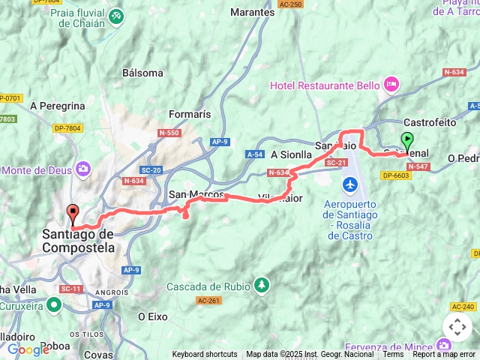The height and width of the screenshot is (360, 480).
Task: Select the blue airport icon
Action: pos(349,184)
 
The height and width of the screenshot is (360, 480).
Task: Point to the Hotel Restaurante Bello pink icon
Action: pos(390,85)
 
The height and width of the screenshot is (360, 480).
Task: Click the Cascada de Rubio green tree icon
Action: pos(261,285)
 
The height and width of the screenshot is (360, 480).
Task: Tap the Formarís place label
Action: pos(190,114)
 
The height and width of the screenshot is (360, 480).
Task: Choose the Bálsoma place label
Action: pos(142,73)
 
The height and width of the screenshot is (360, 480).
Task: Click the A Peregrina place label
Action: pos(58,106)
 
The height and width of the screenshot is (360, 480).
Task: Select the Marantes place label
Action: pos(252,13)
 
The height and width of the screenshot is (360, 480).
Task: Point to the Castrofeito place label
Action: pos(430,121)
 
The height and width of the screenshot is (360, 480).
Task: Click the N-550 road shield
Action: pos(169,133)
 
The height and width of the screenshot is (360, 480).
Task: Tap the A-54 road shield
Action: pos(254,154)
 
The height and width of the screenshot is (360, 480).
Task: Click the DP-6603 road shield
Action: pos(397,175)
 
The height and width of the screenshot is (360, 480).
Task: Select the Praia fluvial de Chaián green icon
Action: pos(115,15)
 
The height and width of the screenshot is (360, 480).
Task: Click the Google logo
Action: pos(28,349)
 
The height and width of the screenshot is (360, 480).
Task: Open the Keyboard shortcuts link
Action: pos(205,355)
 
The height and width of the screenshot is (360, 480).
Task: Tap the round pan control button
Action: pos(457,327)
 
